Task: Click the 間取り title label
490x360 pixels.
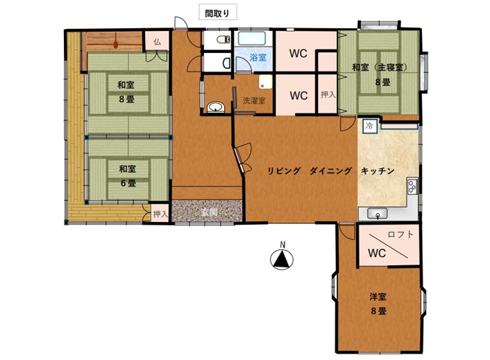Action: pyautogui.click(x=217, y=14)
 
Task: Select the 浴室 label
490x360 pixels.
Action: pyautogui.click(x=258, y=57)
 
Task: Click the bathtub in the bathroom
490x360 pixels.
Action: pyautogui.click(x=252, y=38)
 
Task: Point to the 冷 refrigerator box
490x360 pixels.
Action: pyautogui.click(x=370, y=126)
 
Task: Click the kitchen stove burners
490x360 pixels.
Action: pyautogui.click(x=412, y=185)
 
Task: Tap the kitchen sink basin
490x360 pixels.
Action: pyautogui.click(x=377, y=214)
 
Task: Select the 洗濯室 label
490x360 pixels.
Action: pyautogui.click(x=254, y=100)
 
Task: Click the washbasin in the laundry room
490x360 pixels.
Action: pyautogui.click(x=216, y=107)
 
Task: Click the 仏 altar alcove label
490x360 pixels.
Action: pyautogui.click(x=157, y=42)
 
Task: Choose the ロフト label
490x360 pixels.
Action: pyautogui.click(x=401, y=234)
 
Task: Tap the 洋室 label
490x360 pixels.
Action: pyautogui.click(x=378, y=297)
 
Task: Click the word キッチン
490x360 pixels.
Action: pyautogui.click(x=377, y=171)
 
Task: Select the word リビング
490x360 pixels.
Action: pyautogui.click(x=284, y=171)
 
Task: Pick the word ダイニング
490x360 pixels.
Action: pyautogui.click(x=331, y=171)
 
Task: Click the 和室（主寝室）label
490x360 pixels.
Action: pyautogui.click(x=379, y=67)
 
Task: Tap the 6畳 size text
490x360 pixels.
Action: pyautogui.click(x=128, y=183)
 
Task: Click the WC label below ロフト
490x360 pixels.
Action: pyautogui.click(x=377, y=253)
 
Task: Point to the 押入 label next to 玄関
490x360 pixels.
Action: pyautogui.click(x=161, y=214)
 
